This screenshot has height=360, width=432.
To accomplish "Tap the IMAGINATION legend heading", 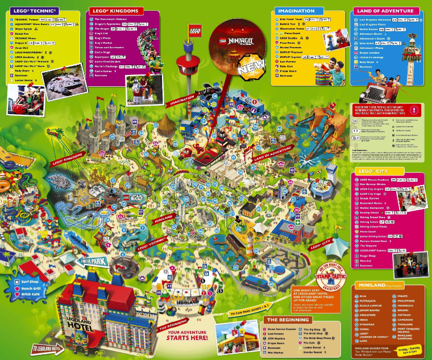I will (295, 11).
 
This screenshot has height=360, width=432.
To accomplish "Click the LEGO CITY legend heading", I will (373, 170).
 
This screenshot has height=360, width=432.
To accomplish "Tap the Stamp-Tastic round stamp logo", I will (331, 276).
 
